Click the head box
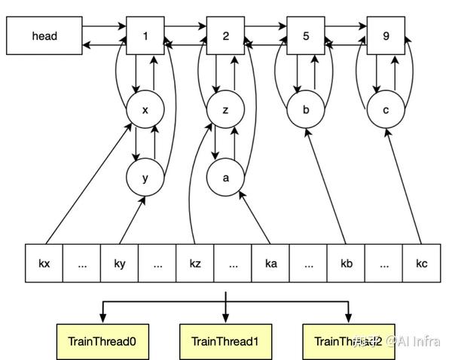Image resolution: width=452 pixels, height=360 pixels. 44,35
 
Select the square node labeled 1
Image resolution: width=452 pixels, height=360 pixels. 145,35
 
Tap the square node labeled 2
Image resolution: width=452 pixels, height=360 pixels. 226,35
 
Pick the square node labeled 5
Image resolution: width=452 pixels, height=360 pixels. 306,35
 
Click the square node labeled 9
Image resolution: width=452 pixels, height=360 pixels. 386,35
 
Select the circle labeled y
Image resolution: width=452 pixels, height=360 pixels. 145,178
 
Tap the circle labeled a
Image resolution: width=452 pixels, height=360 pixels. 226,178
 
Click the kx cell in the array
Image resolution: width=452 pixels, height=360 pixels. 44,264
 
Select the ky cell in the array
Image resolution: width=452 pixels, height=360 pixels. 120,264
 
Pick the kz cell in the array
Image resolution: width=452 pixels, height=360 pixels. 195,264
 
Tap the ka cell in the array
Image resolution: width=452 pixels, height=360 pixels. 270,264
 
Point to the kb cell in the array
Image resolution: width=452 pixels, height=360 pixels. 347,264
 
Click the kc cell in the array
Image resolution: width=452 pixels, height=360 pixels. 422,264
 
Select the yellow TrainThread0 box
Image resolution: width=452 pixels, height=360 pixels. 102,341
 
